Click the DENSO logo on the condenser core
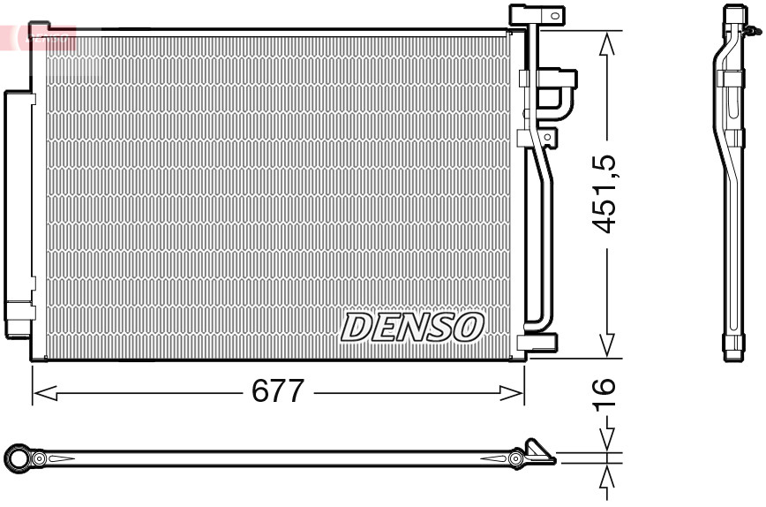click(x=412, y=326)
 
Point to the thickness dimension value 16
click(x=603, y=389)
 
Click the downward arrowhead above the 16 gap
click(x=606, y=439)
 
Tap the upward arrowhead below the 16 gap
click(x=606, y=478)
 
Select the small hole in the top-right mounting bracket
click(x=554, y=15)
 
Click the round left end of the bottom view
click(x=18, y=458)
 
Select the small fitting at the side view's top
click(x=751, y=32)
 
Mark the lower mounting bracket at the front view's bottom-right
click(x=537, y=343)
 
